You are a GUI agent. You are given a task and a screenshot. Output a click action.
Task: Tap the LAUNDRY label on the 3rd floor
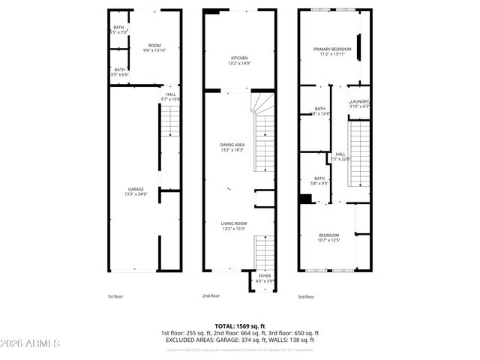click(360, 103)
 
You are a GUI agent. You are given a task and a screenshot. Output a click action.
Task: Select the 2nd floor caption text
click(211, 296)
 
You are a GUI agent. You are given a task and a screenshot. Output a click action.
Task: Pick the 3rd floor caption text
click(306, 296)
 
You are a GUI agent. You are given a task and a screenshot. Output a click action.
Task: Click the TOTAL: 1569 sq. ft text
click(239, 326)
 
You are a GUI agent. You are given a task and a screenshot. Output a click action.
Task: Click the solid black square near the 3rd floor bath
click(305, 199)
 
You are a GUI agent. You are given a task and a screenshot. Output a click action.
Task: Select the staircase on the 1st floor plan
click(170, 120)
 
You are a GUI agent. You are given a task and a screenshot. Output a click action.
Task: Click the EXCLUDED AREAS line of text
click(239, 340)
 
